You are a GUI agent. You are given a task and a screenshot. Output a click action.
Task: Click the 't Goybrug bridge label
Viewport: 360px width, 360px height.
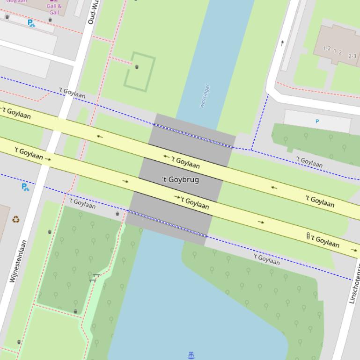point(180,180)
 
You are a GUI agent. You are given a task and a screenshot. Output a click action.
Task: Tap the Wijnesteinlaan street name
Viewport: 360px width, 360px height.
point(17,261)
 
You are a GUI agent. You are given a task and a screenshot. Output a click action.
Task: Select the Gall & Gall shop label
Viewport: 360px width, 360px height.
point(54,9)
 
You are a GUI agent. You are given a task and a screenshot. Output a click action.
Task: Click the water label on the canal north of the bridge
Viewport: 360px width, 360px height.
point(205,96)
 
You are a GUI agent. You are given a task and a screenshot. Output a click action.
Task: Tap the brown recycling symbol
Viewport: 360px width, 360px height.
point(16,219)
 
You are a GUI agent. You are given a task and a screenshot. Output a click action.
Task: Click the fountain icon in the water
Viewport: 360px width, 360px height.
point(191,356)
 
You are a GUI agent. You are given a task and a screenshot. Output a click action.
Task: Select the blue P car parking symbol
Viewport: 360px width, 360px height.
point(317,122)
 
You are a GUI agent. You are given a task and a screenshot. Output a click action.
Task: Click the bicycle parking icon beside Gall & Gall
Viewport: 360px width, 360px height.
point(31,23)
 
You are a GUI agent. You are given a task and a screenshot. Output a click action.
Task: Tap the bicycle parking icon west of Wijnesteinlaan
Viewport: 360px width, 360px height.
point(25,187)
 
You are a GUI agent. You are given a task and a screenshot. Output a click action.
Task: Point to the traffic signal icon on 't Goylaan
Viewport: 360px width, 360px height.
point(308,236)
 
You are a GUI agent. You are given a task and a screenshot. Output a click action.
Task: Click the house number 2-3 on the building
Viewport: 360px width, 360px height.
point(352,56)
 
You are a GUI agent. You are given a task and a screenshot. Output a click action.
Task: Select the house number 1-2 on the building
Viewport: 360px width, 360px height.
point(327,49)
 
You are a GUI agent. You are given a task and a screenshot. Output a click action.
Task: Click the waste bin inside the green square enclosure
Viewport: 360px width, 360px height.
point(137,67)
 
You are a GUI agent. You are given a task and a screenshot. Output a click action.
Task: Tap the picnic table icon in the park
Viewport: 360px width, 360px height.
point(94,278)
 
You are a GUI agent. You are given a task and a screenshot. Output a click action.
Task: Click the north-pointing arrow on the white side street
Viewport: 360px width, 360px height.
point(282,43)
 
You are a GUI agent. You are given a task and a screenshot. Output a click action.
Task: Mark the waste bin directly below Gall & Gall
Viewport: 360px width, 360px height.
point(50,20)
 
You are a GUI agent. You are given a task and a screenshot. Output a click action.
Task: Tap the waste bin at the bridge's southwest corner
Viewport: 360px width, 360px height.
point(118,214)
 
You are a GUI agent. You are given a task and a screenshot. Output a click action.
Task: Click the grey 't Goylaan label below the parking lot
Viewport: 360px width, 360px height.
point(309,162)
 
